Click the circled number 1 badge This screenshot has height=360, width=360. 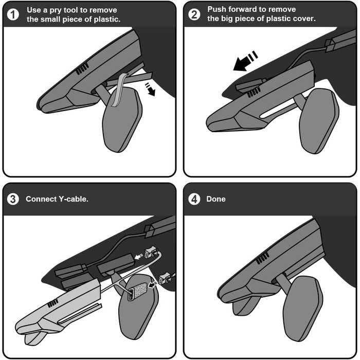point(13,14)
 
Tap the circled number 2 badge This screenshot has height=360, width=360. point(194,14)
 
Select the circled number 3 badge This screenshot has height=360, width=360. point(13,199)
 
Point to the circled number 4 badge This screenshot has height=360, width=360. point(194,199)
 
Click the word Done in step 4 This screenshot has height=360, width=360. point(216,199)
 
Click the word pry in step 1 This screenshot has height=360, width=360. point(56,10)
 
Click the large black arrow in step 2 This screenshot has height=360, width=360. point(245,61)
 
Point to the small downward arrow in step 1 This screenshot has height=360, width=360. point(150,89)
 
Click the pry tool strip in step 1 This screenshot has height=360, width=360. point(119,89)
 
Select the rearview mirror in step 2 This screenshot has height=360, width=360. point(319,121)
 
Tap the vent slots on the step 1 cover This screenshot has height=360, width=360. point(82,69)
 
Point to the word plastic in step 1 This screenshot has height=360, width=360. point(107,20)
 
